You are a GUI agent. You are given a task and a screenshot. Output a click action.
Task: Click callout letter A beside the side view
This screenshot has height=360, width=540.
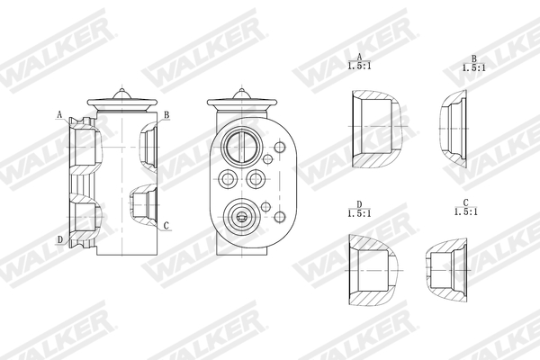59,115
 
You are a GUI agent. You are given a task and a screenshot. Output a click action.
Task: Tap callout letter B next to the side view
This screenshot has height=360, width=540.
166,115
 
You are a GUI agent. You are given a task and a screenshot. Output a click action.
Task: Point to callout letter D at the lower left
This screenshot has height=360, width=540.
59,239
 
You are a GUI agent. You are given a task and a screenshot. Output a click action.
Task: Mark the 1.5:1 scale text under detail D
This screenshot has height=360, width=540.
359,212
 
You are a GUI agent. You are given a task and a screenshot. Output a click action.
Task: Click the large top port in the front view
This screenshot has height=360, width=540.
240,144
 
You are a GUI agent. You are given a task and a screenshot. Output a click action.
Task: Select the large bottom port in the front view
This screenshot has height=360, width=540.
240,215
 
